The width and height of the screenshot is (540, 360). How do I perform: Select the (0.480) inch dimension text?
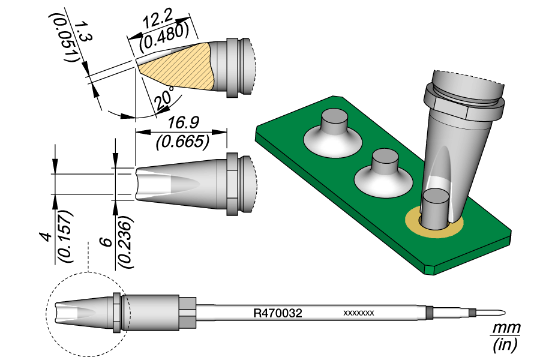click(166, 37)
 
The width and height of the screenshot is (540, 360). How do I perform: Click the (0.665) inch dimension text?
click(182, 141)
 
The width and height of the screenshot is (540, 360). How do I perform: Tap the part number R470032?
click(277, 313)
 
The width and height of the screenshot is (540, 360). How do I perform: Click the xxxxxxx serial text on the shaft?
click(359, 313)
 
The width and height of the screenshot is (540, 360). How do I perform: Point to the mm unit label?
click(505, 329)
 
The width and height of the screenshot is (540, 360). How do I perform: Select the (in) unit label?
click(505, 345)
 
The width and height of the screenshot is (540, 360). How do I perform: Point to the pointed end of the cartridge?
click(503, 313)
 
